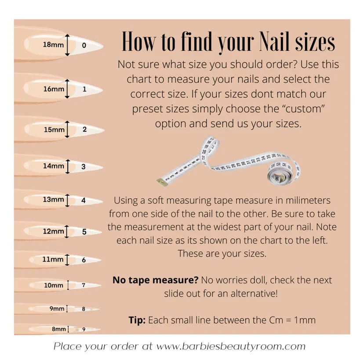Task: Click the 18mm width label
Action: click(x=53, y=44)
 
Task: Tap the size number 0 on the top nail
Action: click(x=84, y=45)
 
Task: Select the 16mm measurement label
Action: click(x=54, y=89)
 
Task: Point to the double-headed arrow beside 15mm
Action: click(x=67, y=129)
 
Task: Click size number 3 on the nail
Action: click(x=84, y=166)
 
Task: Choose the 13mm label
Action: click(x=53, y=199)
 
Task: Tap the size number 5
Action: click(x=84, y=231)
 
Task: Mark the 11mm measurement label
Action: click(x=53, y=259)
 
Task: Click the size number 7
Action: click(x=84, y=285)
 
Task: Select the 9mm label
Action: click(x=57, y=309)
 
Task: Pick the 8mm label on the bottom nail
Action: click(x=59, y=329)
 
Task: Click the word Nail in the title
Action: click(x=274, y=41)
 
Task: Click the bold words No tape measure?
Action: click(x=155, y=280)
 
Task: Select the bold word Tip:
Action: click(x=137, y=320)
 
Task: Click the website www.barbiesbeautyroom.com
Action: click(x=231, y=346)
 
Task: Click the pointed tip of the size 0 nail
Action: click(x=102, y=46)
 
